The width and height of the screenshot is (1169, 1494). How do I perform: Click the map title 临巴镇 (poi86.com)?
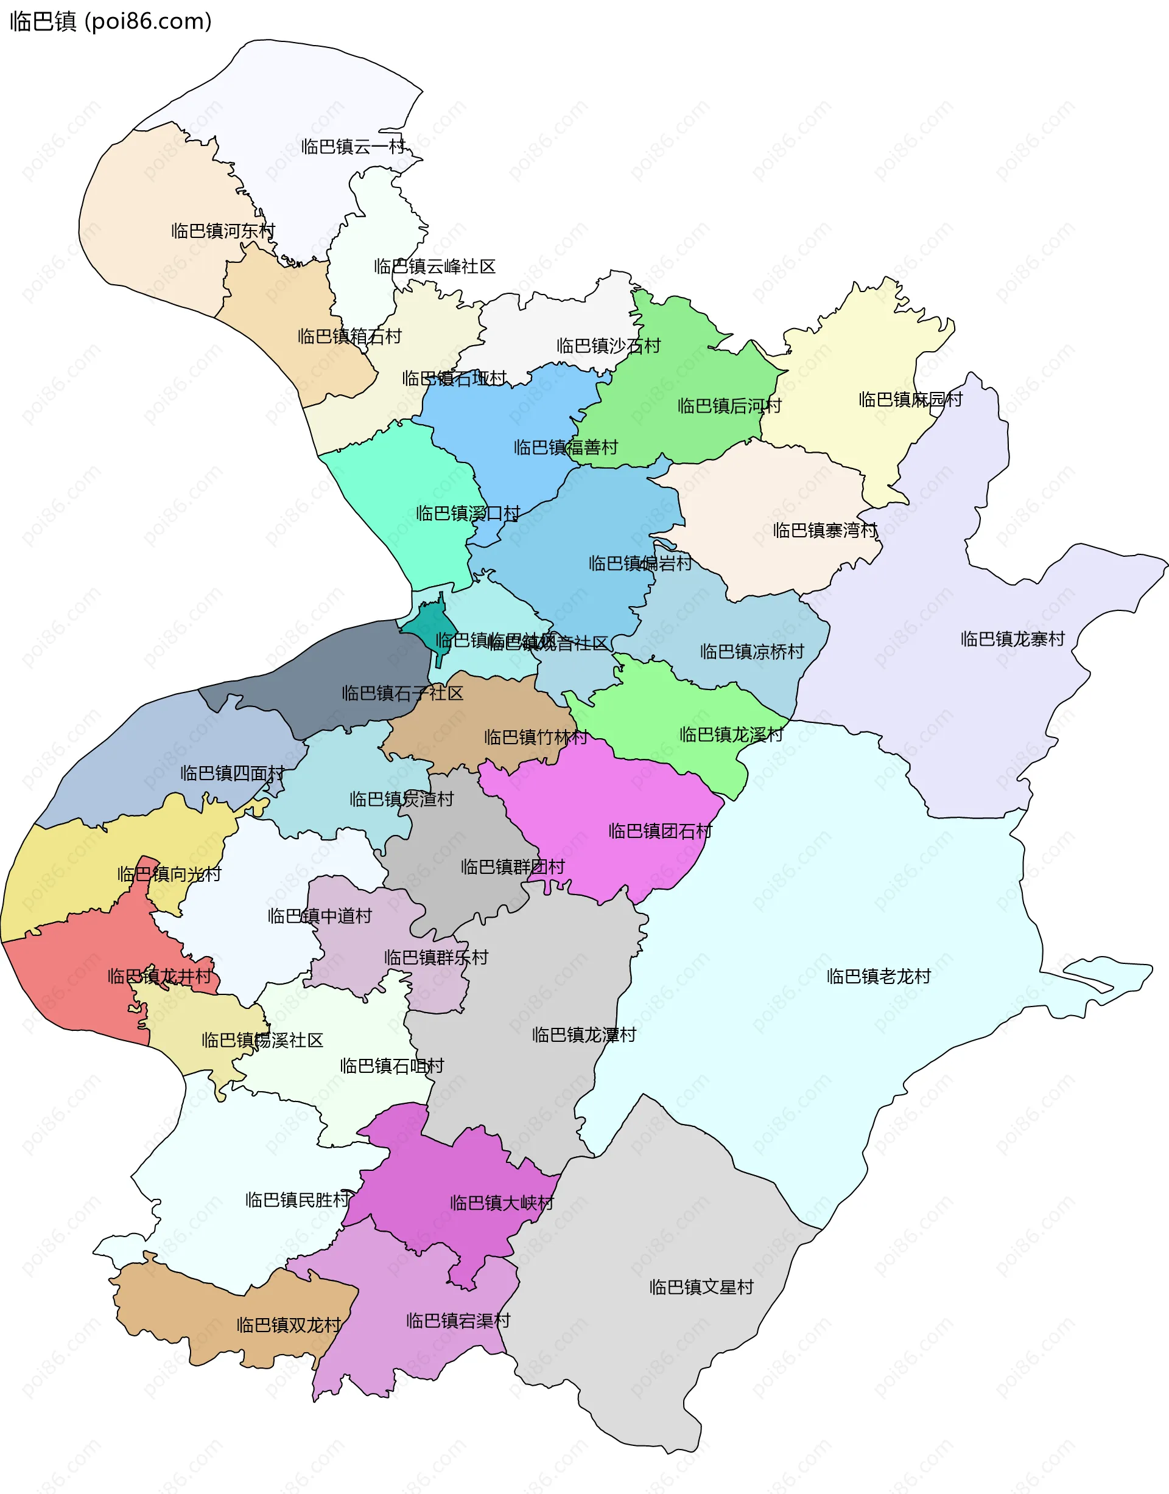point(111,22)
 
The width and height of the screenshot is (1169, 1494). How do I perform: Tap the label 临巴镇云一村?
point(353,147)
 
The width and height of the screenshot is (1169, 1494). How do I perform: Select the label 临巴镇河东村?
point(223,231)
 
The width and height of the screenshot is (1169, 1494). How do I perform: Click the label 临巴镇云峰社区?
point(435,266)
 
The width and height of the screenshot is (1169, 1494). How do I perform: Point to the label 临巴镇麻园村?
point(910,399)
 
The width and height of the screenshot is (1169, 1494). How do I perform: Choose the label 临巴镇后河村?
point(729,406)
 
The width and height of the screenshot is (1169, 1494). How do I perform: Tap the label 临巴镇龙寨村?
point(1013,638)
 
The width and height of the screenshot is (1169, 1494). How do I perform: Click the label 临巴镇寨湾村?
point(825,530)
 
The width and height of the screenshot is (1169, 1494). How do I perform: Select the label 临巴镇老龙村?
point(878,976)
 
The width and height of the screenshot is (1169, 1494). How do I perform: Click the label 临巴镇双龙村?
point(288,1325)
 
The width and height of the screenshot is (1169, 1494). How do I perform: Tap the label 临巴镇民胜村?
point(297,1200)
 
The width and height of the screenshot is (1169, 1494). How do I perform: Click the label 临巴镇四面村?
point(232,773)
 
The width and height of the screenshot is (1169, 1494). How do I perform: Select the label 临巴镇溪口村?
point(468,513)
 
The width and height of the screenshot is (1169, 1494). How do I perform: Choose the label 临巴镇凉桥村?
point(751,651)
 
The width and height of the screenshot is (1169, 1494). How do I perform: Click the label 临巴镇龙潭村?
point(584,1035)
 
